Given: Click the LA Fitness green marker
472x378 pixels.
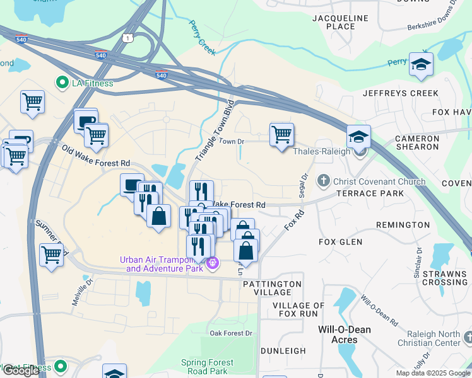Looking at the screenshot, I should (x=62, y=83).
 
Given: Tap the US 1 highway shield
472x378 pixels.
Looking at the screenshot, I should (x=129, y=38).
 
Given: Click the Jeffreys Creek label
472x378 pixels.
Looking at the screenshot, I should (x=400, y=93).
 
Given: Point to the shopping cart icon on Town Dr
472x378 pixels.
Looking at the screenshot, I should (x=281, y=135).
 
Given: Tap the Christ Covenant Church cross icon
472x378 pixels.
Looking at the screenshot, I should (x=324, y=181).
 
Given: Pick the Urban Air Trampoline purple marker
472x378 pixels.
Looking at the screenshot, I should (x=212, y=263).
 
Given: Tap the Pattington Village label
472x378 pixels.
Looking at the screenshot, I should (x=272, y=289).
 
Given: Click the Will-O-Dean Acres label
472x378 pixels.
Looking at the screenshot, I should (x=345, y=335).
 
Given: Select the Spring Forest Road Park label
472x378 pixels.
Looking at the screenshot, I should (x=207, y=367).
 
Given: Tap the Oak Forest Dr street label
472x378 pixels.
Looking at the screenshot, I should (x=231, y=333).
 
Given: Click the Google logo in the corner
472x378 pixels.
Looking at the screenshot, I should (x=21, y=370).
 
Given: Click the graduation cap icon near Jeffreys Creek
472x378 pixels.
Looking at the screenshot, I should (x=421, y=64).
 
